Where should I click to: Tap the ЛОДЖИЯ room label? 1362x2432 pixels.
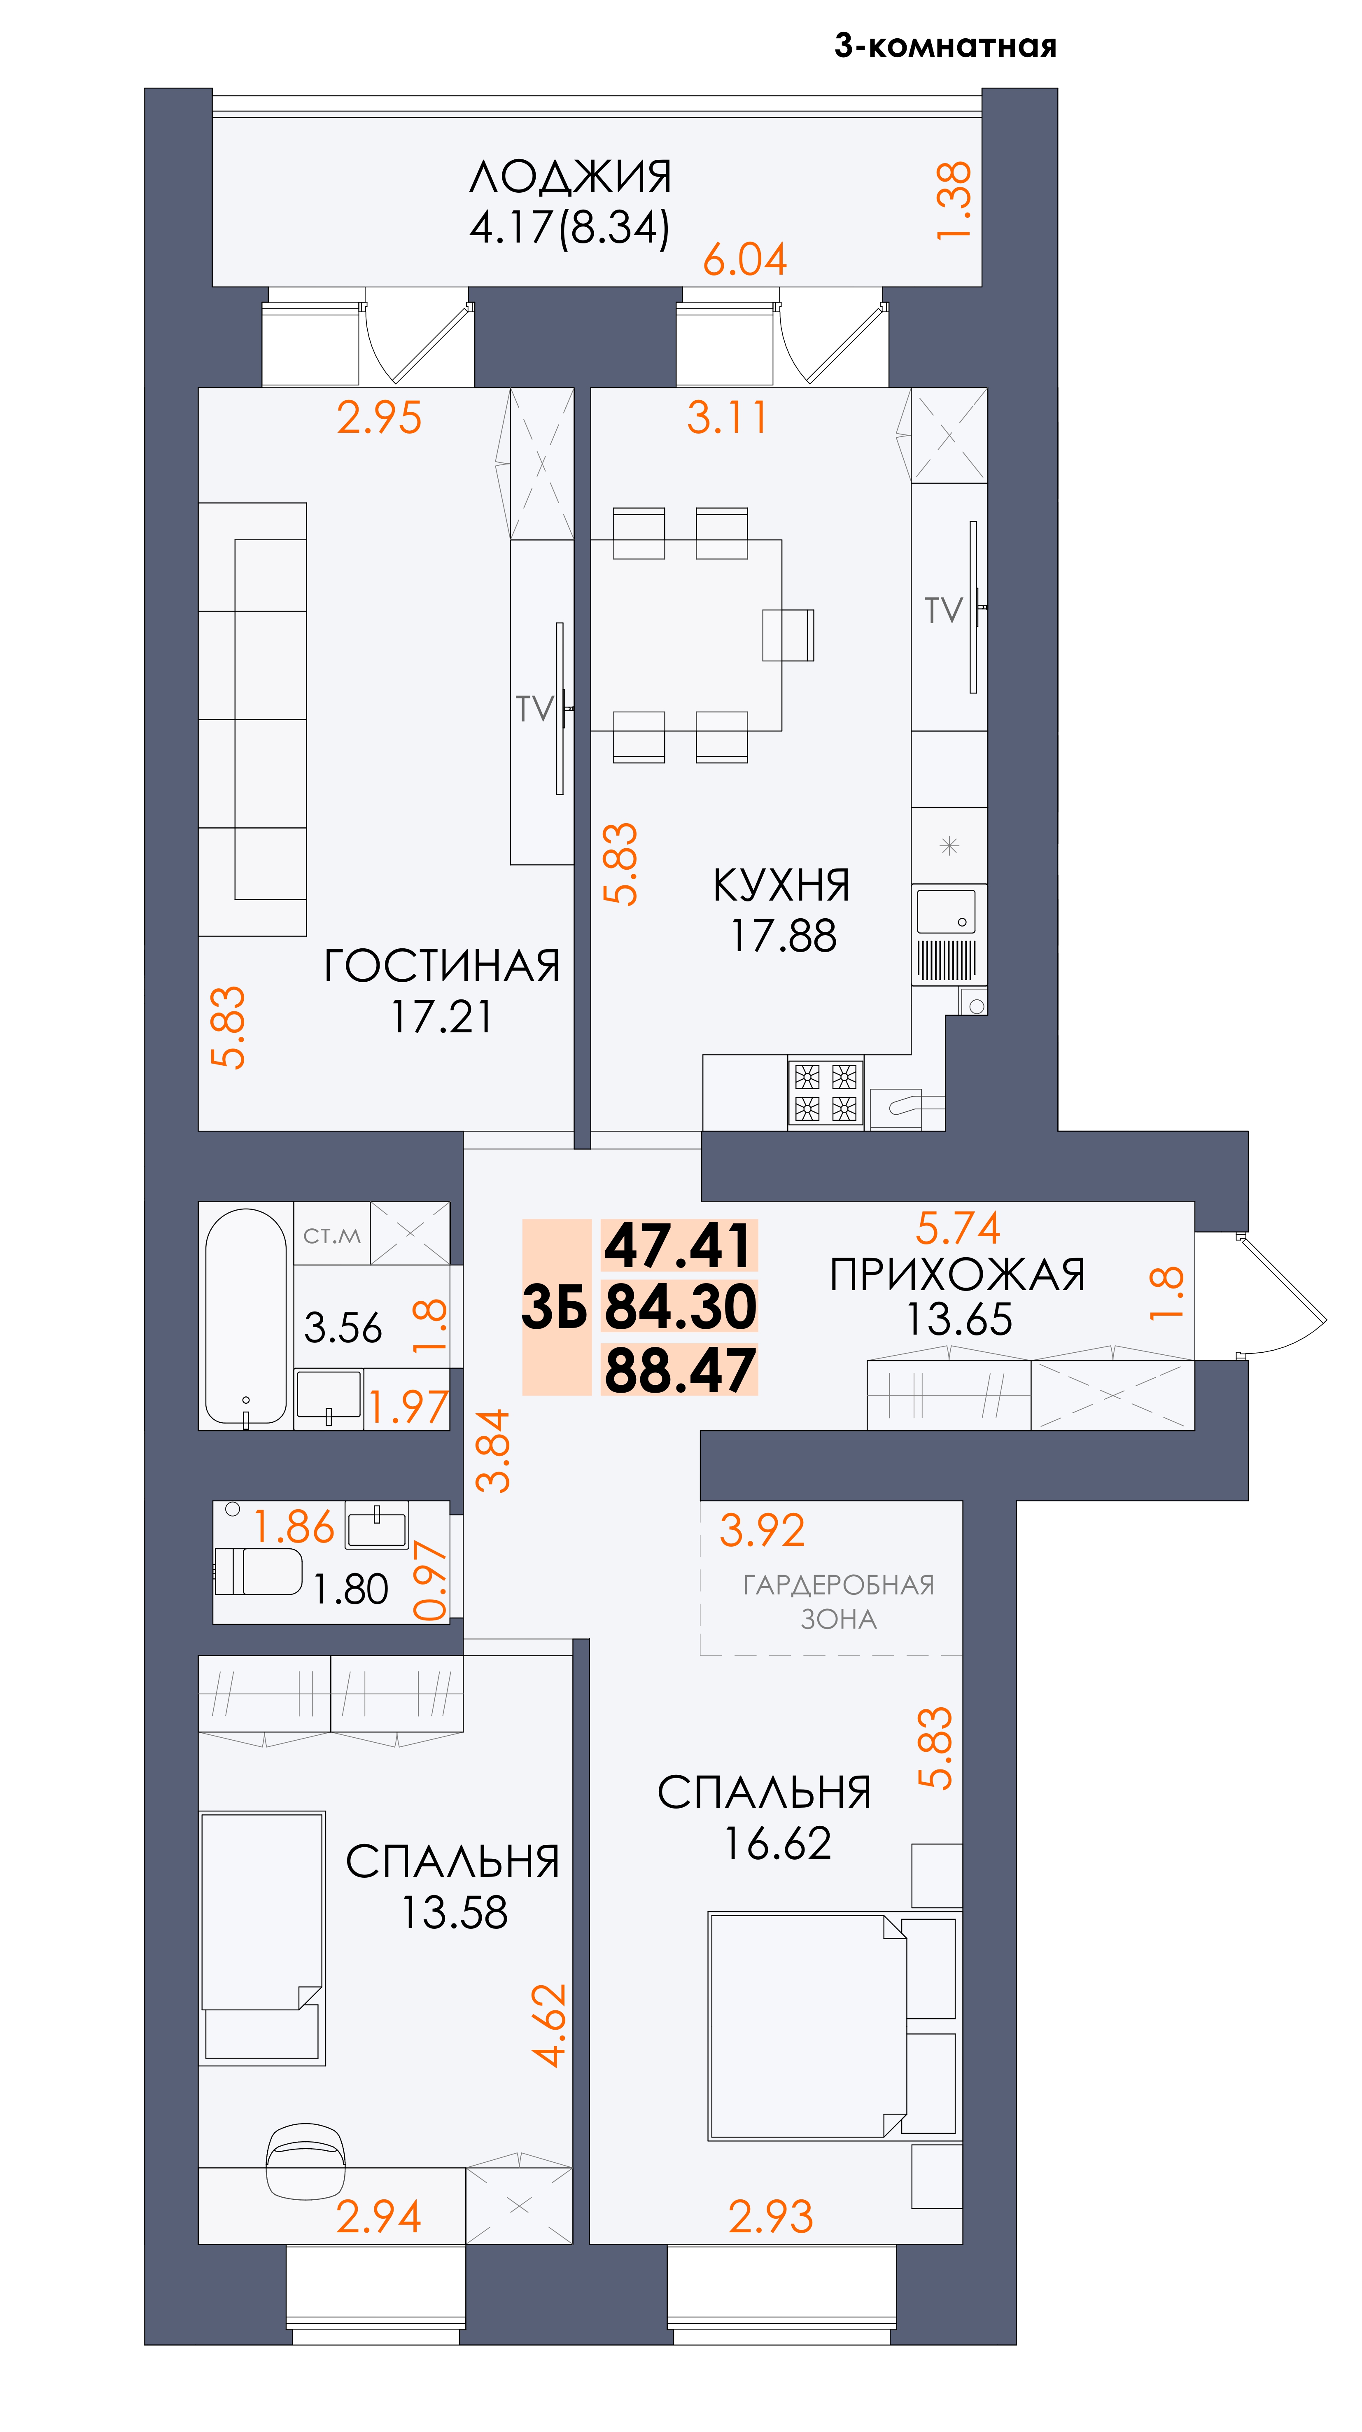(570, 177)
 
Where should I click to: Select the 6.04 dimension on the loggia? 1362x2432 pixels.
(745, 259)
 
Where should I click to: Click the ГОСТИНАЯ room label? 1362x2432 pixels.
(442, 966)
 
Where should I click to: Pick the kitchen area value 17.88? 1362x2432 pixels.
(784, 936)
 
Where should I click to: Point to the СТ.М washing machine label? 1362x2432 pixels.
(331, 1236)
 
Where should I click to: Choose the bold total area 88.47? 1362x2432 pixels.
(680, 1371)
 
